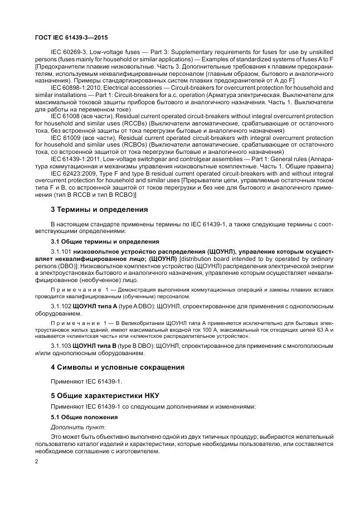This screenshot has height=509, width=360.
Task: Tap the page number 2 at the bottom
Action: [x=37, y=462]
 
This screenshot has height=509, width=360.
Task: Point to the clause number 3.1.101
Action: [x=62, y=252]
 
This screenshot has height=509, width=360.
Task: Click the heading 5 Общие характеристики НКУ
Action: [x=105, y=395]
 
